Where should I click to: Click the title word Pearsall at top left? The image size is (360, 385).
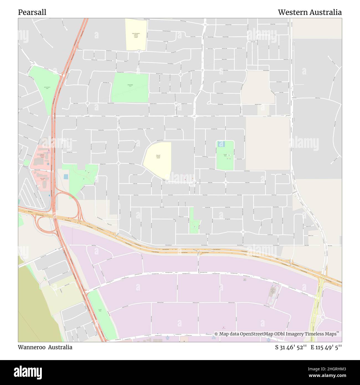(x=32, y=12)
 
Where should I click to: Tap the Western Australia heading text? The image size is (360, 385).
(x=310, y=12)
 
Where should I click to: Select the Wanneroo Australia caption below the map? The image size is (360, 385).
(x=45, y=347)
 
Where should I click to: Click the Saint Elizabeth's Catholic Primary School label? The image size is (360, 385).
(x=136, y=35)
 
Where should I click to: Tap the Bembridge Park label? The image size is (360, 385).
(x=130, y=85)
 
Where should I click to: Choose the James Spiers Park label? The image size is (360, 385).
(x=47, y=88)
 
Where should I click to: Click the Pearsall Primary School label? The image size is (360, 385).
(x=158, y=156)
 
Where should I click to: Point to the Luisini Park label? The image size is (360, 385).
(x=100, y=310)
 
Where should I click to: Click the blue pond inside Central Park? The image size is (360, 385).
(x=221, y=144)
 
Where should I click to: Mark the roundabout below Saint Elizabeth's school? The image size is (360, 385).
(x=139, y=51)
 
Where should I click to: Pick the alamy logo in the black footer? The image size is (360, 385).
(x=30, y=372)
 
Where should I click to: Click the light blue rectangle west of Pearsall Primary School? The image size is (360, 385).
(x=66, y=176)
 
